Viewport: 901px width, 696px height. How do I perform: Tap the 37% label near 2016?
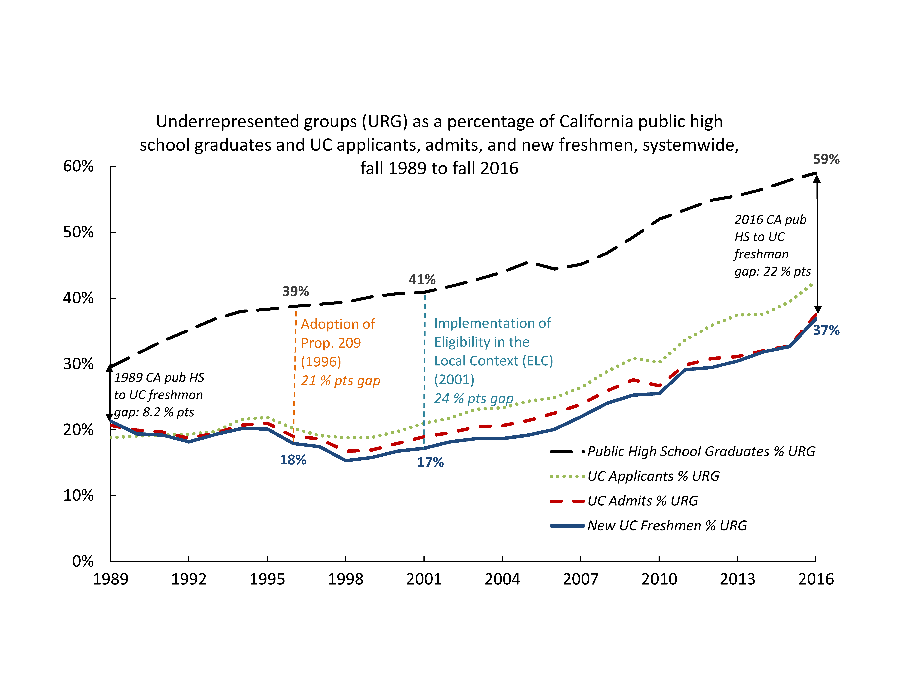click(x=826, y=330)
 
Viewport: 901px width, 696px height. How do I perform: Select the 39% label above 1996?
click(x=295, y=292)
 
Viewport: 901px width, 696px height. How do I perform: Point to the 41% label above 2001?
click(x=422, y=279)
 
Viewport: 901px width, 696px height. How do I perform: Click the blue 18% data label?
click(x=293, y=460)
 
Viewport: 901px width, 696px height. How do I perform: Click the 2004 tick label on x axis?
click(x=502, y=579)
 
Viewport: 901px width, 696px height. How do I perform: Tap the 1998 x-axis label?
click(x=345, y=579)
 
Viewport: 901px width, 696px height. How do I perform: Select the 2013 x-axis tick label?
click(x=737, y=579)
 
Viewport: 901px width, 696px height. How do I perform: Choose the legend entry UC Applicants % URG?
click(x=653, y=476)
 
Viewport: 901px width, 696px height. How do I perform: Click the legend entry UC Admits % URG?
click(x=642, y=501)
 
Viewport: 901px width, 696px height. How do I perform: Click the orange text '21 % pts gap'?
click(x=340, y=381)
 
